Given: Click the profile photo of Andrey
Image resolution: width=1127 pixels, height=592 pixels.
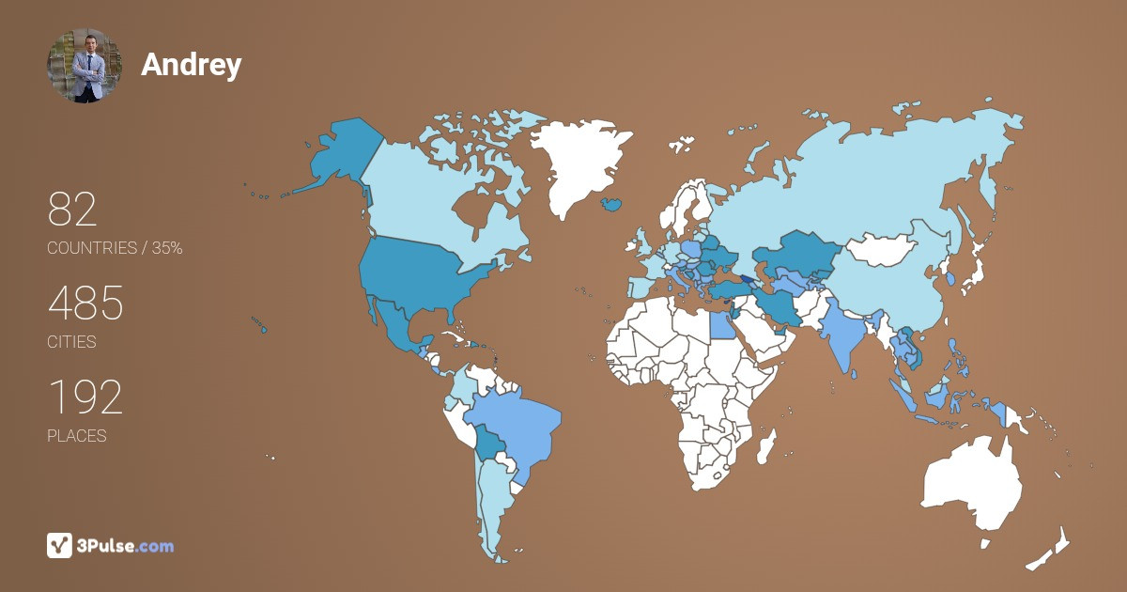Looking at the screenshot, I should (x=85, y=65).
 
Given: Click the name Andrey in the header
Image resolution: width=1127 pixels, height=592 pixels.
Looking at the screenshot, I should (x=191, y=65).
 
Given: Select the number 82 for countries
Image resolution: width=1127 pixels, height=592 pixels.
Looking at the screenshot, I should (x=72, y=210).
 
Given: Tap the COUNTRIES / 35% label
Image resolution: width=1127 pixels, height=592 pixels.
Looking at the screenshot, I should (x=115, y=248).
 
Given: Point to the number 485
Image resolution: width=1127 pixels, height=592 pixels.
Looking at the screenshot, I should (x=85, y=304).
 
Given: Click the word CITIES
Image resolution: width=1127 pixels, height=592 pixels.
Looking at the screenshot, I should (x=71, y=342).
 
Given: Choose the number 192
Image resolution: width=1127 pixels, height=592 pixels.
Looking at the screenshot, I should (x=85, y=398).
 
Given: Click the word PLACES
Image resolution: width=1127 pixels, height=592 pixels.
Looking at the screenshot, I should (x=76, y=436).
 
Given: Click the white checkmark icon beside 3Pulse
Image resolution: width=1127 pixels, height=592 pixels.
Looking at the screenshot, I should (x=59, y=545).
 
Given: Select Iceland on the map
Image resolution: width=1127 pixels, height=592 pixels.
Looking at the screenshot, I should (x=611, y=203).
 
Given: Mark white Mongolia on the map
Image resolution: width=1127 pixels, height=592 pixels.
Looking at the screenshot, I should (x=883, y=249).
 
